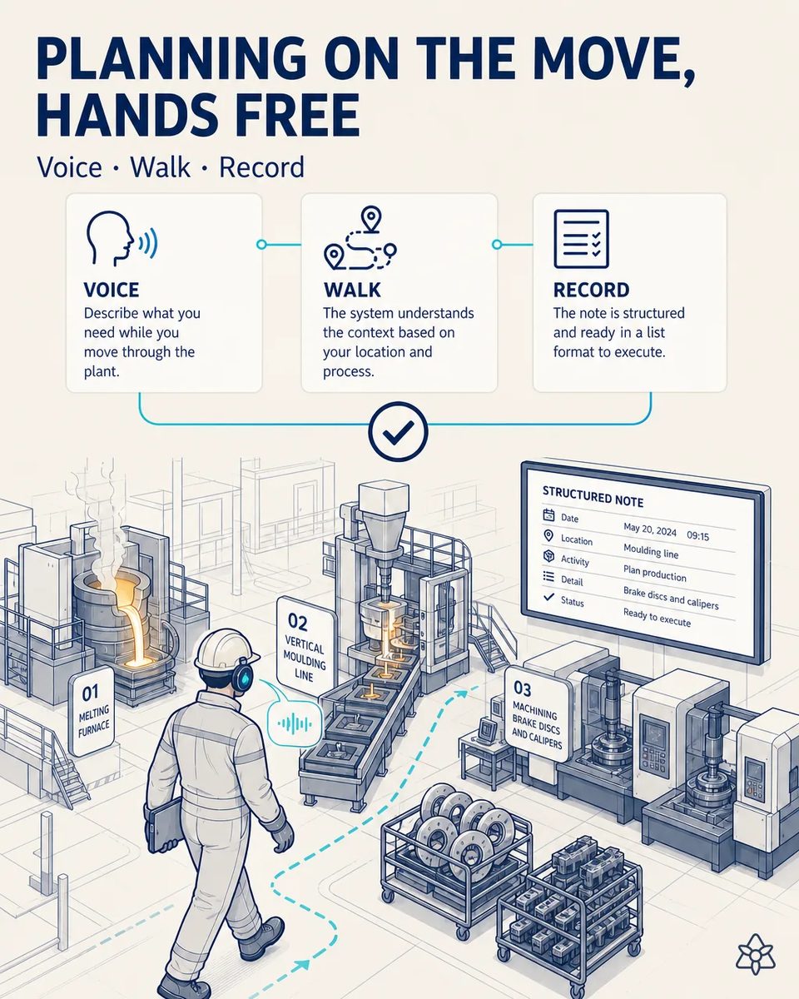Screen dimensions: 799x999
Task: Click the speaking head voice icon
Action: [x=122, y=238]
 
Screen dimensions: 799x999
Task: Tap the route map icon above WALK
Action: [x=360, y=238]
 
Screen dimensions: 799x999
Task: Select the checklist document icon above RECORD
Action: [x=581, y=239]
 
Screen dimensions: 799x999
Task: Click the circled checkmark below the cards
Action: [x=399, y=431]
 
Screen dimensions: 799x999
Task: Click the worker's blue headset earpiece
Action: [x=242, y=678]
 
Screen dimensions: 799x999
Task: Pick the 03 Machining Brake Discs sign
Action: [x=537, y=716]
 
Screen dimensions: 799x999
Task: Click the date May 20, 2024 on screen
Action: [x=650, y=529]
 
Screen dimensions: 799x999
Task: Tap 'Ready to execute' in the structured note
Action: [x=657, y=618]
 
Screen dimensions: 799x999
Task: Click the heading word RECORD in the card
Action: [x=591, y=291]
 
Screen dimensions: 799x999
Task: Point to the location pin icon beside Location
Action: [x=548, y=536]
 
